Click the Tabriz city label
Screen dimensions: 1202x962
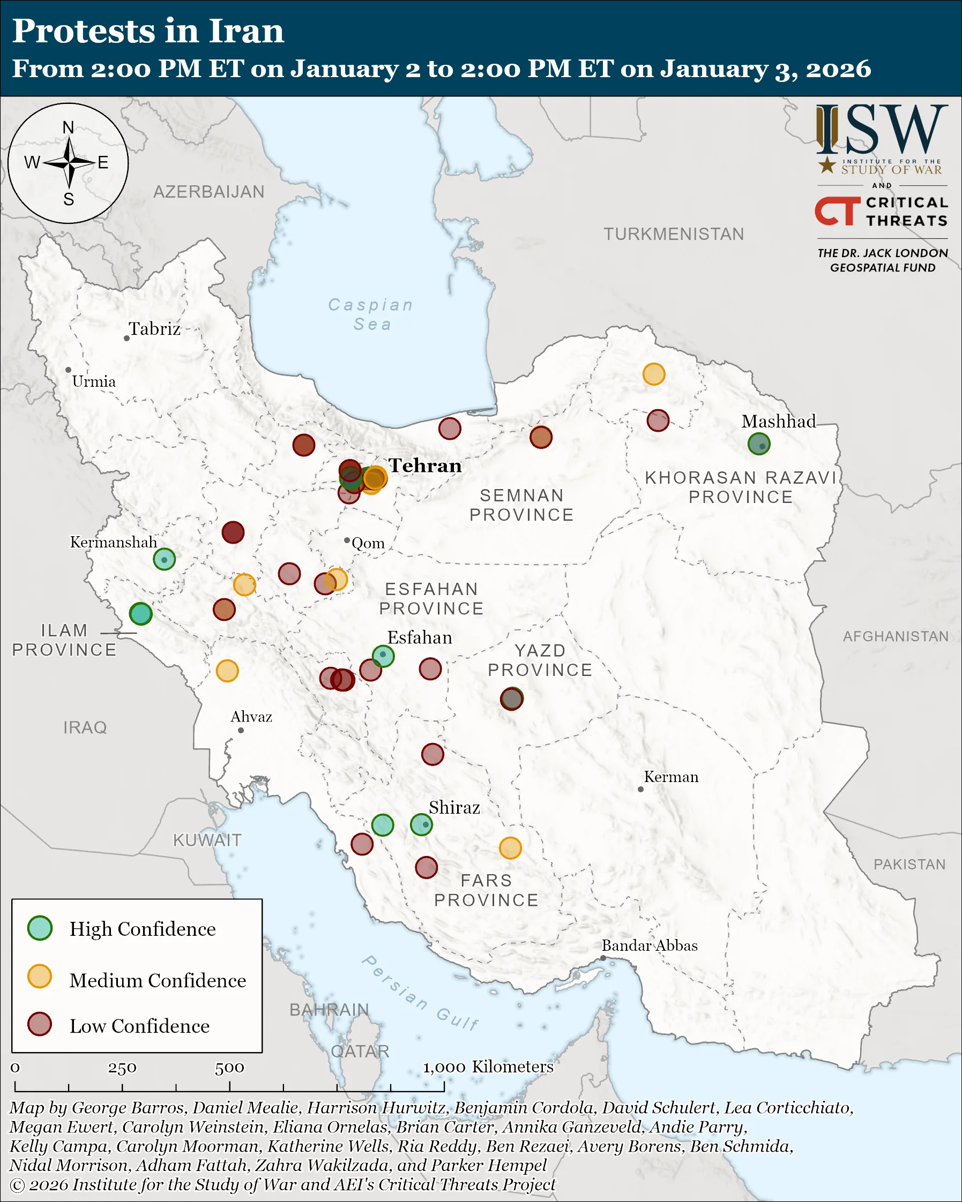[154, 329]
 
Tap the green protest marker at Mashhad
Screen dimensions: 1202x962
[758, 444]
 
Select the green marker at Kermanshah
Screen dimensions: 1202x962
[165, 559]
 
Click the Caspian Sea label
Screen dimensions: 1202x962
[371, 314]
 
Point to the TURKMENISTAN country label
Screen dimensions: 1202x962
[673, 234]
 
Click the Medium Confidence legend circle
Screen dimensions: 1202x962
[40, 976]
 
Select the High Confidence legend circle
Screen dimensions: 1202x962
[40, 928]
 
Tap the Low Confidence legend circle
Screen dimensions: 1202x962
[40, 1024]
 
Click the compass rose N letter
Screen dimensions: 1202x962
[68, 127]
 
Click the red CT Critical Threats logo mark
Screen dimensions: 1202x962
[837, 211]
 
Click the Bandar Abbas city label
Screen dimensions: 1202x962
[649, 945]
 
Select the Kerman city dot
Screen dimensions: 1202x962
[640, 789]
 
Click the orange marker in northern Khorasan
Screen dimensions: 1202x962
[654, 374]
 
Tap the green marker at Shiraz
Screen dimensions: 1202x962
[421, 824]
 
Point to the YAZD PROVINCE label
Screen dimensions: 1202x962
[540, 660]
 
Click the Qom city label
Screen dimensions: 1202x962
[368, 543]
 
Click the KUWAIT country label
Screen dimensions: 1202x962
[207, 840]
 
